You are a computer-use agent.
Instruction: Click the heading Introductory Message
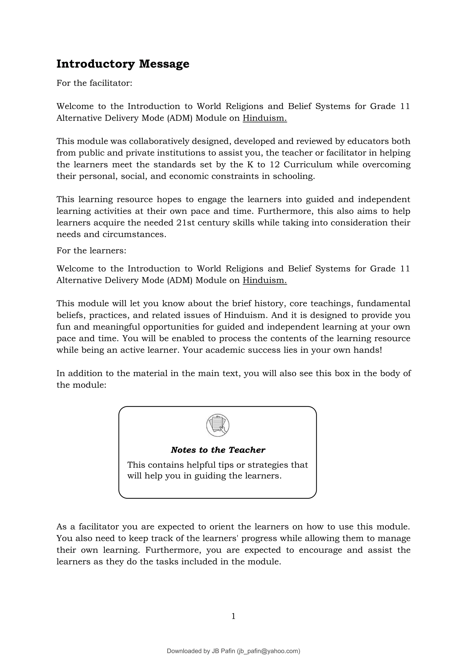tap(123, 64)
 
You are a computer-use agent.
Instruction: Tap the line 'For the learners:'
tap(91, 250)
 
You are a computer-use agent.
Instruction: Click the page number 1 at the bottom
tap(233, 616)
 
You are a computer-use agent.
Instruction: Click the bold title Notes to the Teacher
tap(218, 450)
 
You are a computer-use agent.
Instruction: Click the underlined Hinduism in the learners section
tap(265, 280)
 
